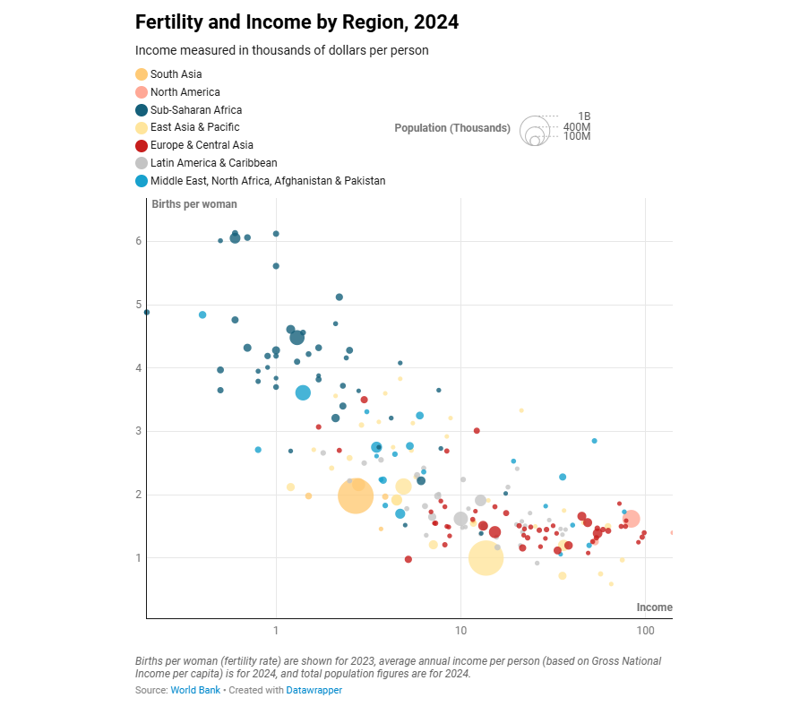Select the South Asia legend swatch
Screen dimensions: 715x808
(x=142, y=74)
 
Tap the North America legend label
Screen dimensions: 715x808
(x=185, y=92)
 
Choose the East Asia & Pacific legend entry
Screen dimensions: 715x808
(x=194, y=127)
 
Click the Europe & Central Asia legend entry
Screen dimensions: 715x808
(x=202, y=145)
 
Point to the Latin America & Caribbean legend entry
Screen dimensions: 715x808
(x=213, y=163)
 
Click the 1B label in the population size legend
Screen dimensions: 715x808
(x=584, y=116)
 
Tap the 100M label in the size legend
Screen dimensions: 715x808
(x=577, y=136)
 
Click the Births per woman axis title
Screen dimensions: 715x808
(x=194, y=204)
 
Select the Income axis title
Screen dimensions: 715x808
(x=654, y=607)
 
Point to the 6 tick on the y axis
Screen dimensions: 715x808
(x=140, y=241)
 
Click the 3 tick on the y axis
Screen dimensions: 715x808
(x=140, y=431)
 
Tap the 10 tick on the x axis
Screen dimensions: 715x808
(x=460, y=632)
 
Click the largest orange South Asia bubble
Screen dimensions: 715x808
(x=355, y=495)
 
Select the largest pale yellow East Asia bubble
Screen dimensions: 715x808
(x=486, y=557)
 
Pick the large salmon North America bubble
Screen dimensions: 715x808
(x=631, y=519)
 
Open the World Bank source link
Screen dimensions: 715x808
(x=195, y=691)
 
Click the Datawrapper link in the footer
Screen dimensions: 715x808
(x=314, y=691)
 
